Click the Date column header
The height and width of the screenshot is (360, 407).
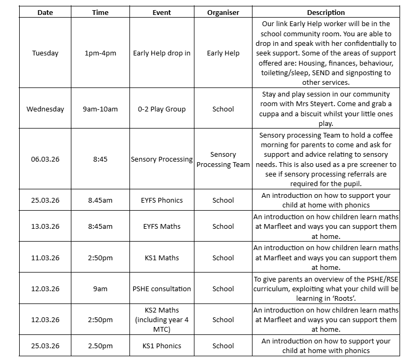click(45, 12)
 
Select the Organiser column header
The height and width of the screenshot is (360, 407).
click(223, 12)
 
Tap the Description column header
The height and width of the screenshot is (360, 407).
click(326, 12)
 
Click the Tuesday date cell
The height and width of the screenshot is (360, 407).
click(45, 53)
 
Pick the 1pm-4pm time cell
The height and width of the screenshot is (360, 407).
click(101, 53)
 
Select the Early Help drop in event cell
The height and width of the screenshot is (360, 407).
click(162, 53)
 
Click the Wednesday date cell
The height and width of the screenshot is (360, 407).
click(45, 109)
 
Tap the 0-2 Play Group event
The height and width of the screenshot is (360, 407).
click(162, 109)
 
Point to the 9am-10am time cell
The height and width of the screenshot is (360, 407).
click(101, 109)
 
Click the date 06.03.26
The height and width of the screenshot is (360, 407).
click(45, 159)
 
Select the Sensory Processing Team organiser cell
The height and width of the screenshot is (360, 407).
click(223, 159)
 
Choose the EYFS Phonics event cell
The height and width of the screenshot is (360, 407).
click(162, 200)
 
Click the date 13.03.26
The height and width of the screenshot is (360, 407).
click(45, 226)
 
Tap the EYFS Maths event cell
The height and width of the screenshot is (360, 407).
click(162, 226)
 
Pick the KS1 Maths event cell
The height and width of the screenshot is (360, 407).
click(162, 258)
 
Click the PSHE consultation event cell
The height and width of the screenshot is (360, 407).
click(162, 289)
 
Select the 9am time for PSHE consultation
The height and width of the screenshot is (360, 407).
click(101, 289)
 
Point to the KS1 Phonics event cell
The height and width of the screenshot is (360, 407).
click(162, 346)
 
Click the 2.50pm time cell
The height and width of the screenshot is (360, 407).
click(101, 346)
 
